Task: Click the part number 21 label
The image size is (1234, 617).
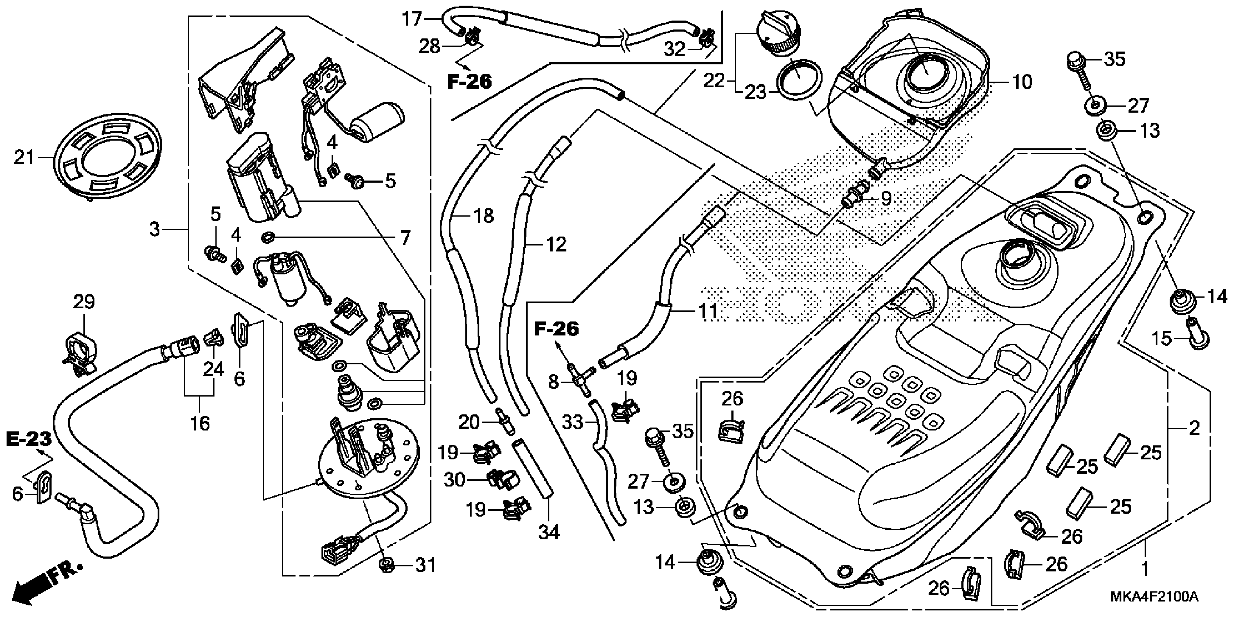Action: coord(24,157)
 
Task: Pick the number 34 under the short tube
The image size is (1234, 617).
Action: coord(548,532)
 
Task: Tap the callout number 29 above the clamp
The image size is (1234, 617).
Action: coord(84,302)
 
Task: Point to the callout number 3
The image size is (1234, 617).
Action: coord(154,229)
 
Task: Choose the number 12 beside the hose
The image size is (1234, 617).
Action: coord(556,244)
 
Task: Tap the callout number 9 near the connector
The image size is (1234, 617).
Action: coord(886,198)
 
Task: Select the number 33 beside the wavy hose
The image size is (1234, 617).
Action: coord(572,422)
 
